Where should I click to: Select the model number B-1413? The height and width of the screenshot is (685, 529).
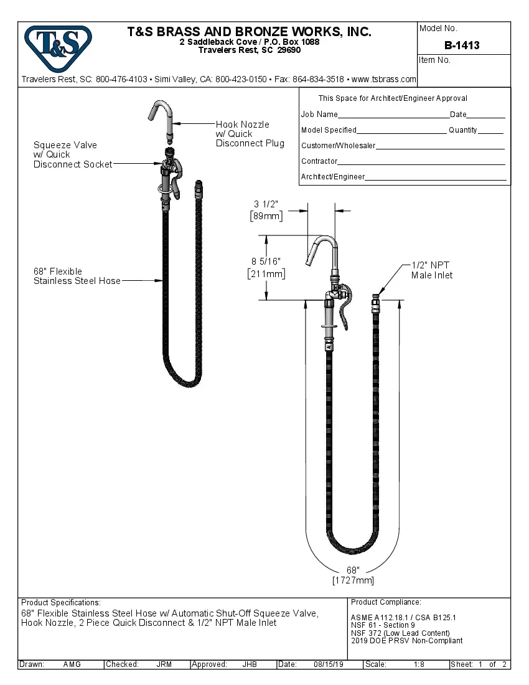462,45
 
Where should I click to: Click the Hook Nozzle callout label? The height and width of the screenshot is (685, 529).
250,134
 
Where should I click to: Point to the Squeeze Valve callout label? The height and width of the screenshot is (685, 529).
73,154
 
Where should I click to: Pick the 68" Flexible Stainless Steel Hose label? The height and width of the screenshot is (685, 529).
77,276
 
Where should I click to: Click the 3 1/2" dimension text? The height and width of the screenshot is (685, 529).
266,204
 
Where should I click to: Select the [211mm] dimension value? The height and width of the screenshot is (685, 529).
266,273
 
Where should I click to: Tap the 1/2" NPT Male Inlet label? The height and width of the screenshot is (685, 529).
432,270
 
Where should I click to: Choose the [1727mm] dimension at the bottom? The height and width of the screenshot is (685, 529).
353,580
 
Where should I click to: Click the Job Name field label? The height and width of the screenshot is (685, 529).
319,115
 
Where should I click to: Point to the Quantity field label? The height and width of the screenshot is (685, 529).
462,130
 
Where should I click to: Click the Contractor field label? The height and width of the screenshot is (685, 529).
319,161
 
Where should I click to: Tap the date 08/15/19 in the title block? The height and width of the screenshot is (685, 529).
329,664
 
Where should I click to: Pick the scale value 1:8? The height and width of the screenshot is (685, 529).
419,664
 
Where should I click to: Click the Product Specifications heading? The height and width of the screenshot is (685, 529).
60,603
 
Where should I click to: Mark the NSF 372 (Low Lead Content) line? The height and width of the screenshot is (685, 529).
400,633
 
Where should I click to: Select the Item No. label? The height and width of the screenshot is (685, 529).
434,60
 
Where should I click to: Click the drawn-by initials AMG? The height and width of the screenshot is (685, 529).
72,664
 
